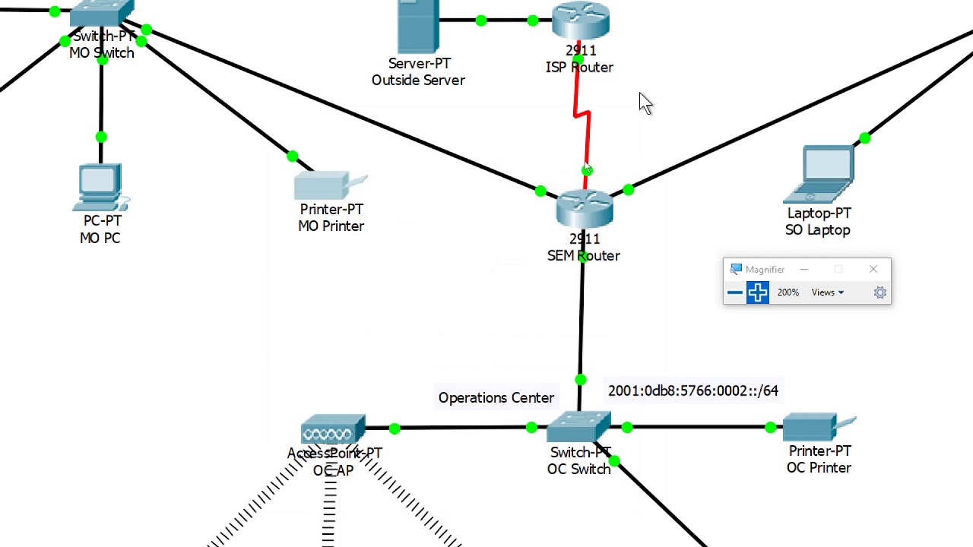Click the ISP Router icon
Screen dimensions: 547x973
[x=581, y=21]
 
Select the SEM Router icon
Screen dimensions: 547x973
[x=584, y=209]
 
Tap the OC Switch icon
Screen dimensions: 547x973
[x=579, y=428]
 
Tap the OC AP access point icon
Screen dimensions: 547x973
[x=333, y=431]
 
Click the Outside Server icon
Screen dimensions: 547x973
[x=418, y=27]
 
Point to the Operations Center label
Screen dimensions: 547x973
[x=496, y=398]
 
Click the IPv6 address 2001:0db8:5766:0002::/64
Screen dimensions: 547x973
[x=693, y=390]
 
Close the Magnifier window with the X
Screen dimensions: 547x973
[x=873, y=270]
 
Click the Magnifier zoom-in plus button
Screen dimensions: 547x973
[x=757, y=292]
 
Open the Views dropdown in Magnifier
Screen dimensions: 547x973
[x=827, y=292]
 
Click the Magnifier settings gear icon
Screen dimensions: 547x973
[x=880, y=292]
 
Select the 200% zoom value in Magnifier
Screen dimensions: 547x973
[x=788, y=292]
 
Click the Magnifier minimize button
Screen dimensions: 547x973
[x=803, y=270]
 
